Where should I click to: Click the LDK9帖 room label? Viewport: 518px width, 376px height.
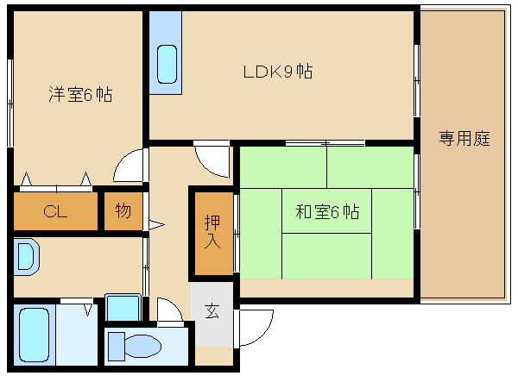coord(278,72)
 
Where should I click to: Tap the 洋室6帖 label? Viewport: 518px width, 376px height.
coord(80,94)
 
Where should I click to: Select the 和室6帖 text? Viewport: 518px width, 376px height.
coord(327,211)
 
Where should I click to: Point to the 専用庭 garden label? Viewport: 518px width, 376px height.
coord(464,138)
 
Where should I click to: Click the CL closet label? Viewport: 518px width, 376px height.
coord(55,211)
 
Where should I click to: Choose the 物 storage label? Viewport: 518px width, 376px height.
coord(123,210)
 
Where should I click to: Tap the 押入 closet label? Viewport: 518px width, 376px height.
coord(212,232)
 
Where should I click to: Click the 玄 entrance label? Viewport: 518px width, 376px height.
coord(212,311)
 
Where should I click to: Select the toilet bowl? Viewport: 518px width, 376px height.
coord(143,346)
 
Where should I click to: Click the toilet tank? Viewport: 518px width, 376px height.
coord(117,347)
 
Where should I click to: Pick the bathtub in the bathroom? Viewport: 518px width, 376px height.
coord(34,335)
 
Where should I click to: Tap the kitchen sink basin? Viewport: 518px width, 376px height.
coord(167,64)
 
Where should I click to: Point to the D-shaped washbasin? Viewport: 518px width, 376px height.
coord(27,256)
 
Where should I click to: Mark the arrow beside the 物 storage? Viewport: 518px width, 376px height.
coord(156,225)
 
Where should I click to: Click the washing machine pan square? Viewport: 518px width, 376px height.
coord(123,307)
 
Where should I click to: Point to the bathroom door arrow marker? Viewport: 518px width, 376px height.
coord(88,310)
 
